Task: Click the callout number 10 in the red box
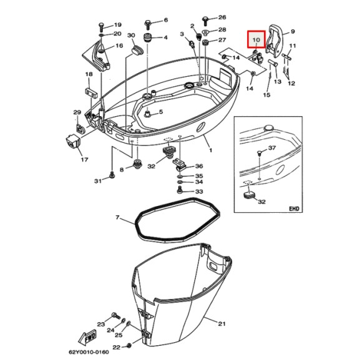pyautogui.click(x=256, y=41)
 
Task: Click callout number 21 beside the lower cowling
pyautogui.click(x=221, y=323)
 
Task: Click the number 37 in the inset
pyautogui.click(x=272, y=148)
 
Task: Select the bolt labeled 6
pyautogui.click(x=148, y=24)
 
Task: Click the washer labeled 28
pyautogui.click(x=206, y=31)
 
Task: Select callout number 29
pyautogui.click(x=77, y=112)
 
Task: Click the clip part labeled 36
pyautogui.click(x=180, y=165)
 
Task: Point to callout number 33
pyautogui.click(x=199, y=192)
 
